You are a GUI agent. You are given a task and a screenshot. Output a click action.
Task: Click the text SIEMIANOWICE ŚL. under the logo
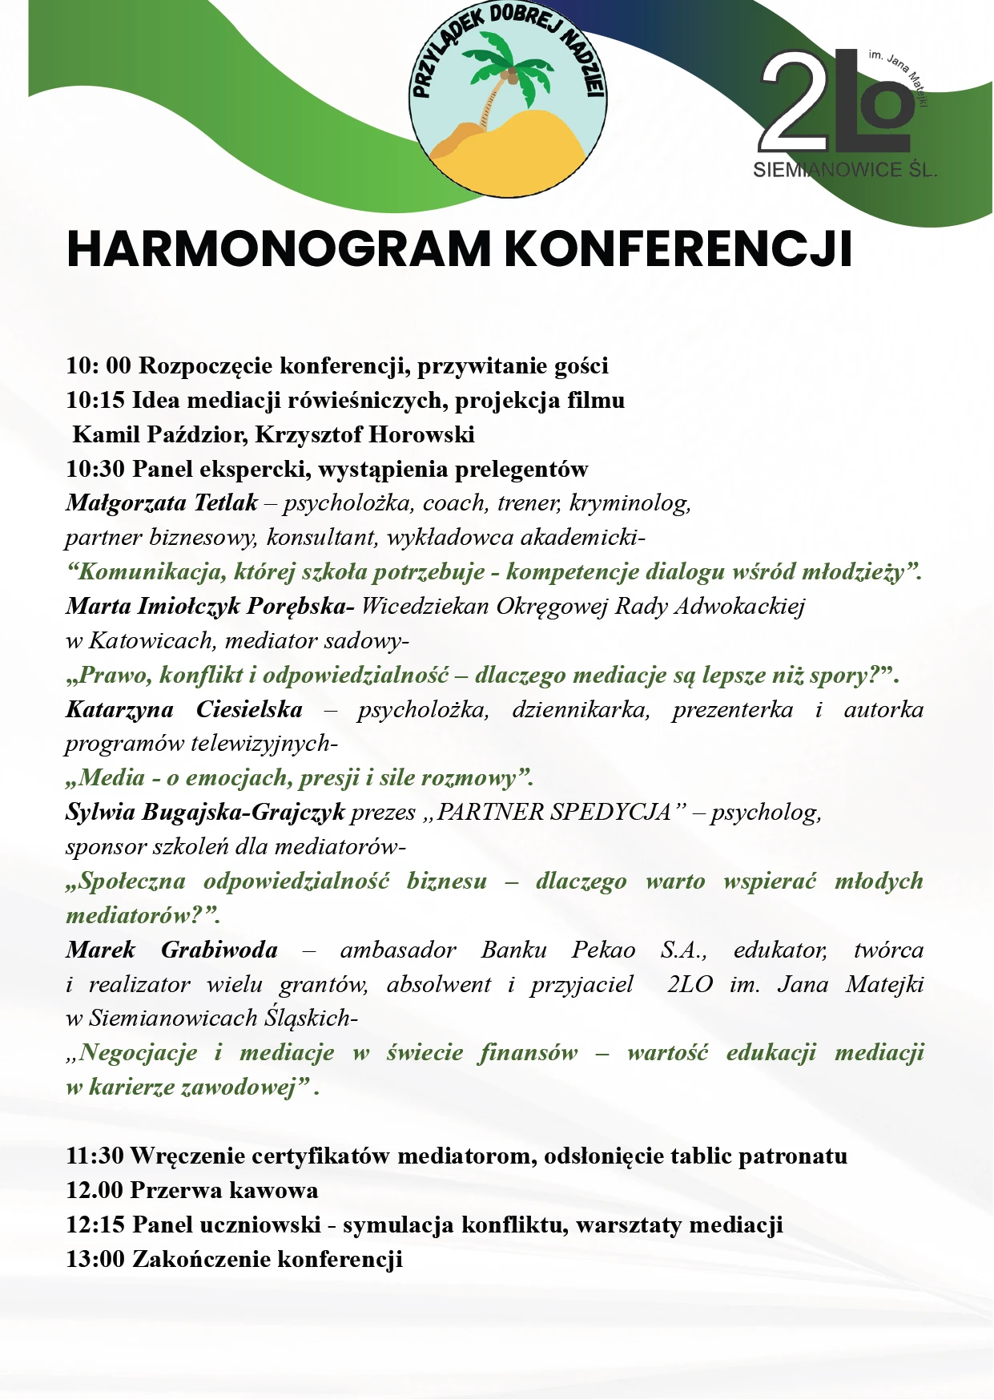click(844, 170)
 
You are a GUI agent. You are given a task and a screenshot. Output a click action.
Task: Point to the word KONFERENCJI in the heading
click(678, 249)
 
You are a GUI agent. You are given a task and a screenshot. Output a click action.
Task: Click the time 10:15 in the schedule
click(95, 400)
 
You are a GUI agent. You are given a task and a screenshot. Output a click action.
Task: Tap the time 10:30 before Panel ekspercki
click(95, 469)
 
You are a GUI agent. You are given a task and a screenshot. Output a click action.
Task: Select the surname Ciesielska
click(249, 709)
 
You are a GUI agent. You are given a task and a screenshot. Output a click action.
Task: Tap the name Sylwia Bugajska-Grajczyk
click(205, 813)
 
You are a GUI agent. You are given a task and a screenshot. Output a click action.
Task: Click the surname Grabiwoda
click(219, 950)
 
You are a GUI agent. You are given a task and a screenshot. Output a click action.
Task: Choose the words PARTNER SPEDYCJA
click(553, 813)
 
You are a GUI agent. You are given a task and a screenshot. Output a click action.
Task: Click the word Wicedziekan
click(424, 606)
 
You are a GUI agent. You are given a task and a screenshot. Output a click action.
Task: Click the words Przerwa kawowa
click(223, 1190)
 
